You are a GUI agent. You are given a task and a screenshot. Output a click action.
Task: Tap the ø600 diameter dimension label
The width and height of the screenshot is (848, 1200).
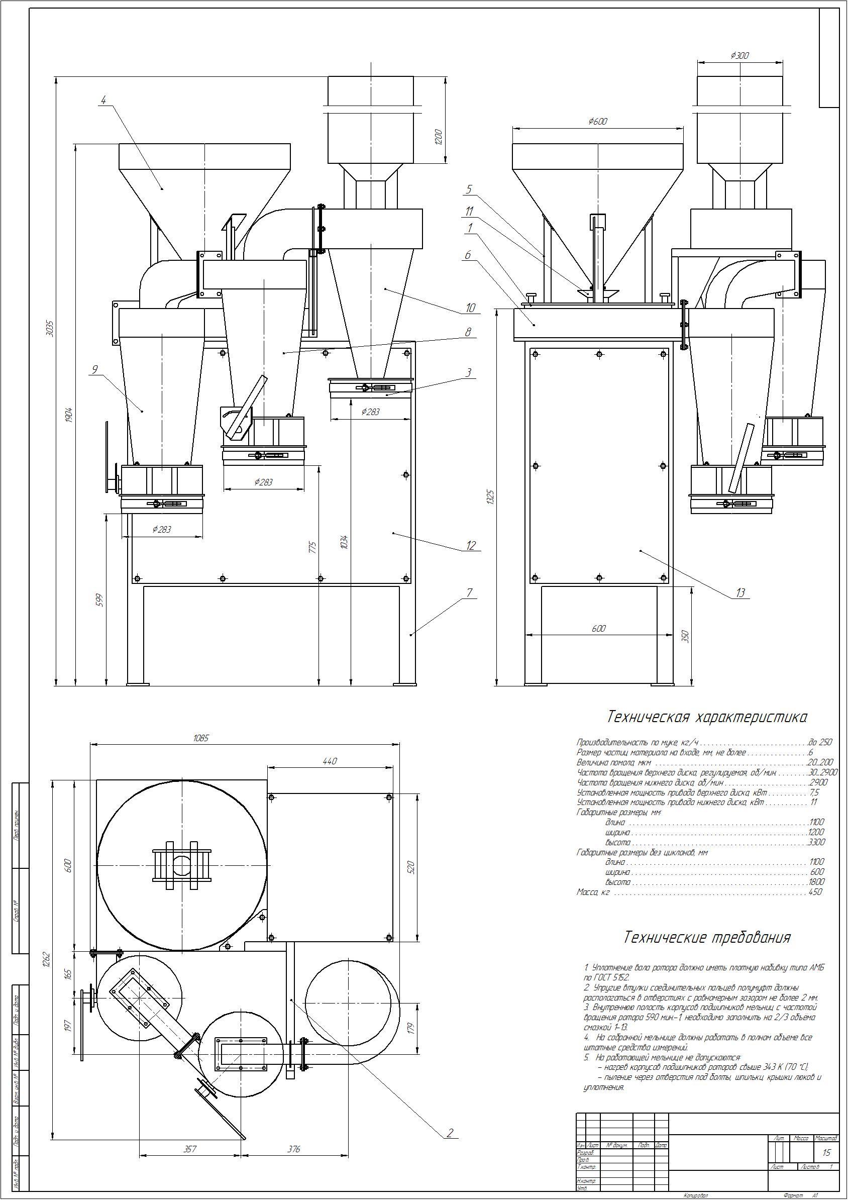tap(597, 121)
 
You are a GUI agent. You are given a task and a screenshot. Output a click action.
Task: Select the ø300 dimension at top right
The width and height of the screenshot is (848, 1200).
tap(740, 54)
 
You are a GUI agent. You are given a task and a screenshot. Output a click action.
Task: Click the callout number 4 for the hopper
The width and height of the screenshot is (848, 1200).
tap(103, 100)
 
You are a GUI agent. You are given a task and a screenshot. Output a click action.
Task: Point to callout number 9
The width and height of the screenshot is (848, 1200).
tap(94, 369)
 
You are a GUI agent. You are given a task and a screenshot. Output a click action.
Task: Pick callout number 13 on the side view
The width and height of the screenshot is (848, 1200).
tap(740, 592)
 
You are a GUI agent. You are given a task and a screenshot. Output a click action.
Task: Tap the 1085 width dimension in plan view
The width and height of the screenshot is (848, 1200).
tap(200, 738)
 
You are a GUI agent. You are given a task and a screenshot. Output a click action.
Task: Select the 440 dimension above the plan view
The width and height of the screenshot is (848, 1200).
tap(330, 761)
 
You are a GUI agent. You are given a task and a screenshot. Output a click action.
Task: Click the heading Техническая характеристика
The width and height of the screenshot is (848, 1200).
tap(706, 717)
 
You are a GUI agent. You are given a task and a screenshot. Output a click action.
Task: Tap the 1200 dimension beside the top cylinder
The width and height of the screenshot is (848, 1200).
tap(439, 137)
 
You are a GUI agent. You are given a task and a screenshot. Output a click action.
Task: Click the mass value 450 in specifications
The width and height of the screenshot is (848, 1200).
tap(814, 892)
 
